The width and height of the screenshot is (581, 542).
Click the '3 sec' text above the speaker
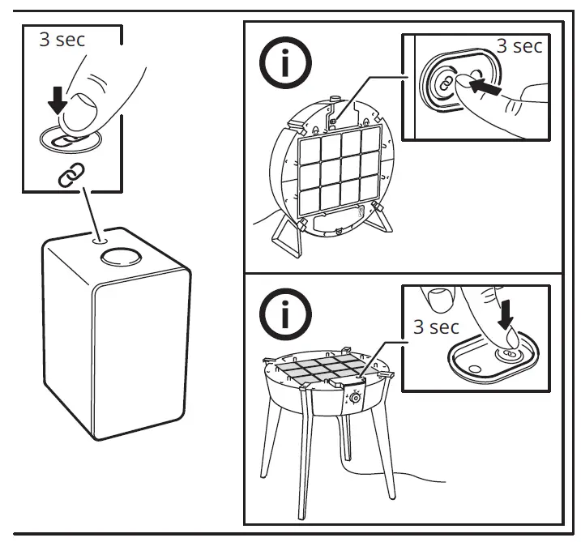pyautogui.click(x=62, y=40)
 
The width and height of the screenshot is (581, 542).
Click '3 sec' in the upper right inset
pyautogui.click(x=519, y=46)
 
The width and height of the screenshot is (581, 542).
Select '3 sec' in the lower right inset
pyautogui.click(x=437, y=327)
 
